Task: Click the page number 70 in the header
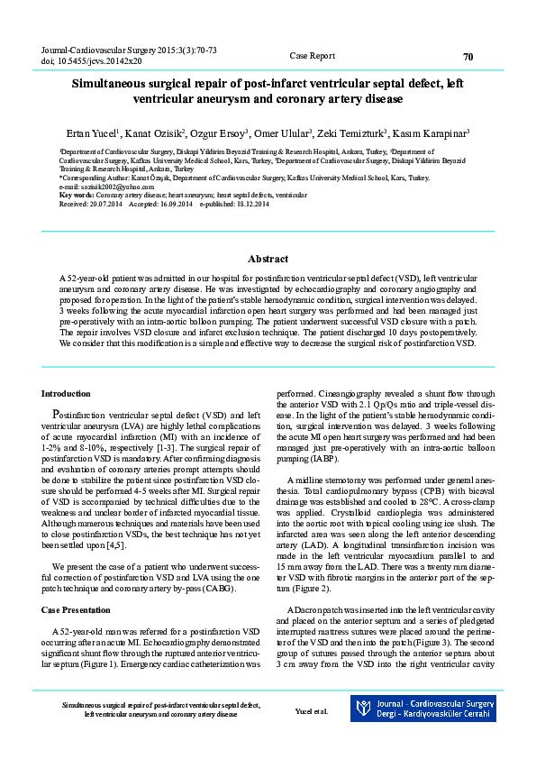468,56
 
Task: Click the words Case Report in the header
313,56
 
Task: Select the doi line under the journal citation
92,61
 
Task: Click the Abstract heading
268,258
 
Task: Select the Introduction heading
66,394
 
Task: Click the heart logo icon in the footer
365,709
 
